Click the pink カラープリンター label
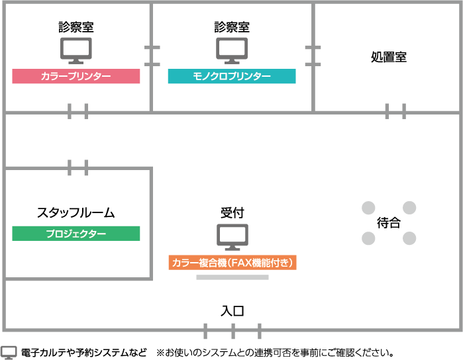tap(76, 77)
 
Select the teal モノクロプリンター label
tap(232, 77)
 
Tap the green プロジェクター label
tap(76, 234)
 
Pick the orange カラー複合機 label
tap(232, 263)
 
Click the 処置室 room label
tap(388, 58)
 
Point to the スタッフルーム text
tap(76, 213)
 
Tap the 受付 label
tap(232, 213)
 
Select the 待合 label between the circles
tap(389, 223)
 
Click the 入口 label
tap(232, 310)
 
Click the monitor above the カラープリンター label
tap(76, 50)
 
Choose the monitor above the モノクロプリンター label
tap(232, 50)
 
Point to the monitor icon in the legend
tap(9, 352)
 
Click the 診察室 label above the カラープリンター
tap(76, 27)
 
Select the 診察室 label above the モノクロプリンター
tap(232, 27)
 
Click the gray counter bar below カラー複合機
tap(232, 277)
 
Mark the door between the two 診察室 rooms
tap(152, 56)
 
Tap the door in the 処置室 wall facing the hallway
tap(395, 112)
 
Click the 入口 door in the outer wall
tap(232, 330)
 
